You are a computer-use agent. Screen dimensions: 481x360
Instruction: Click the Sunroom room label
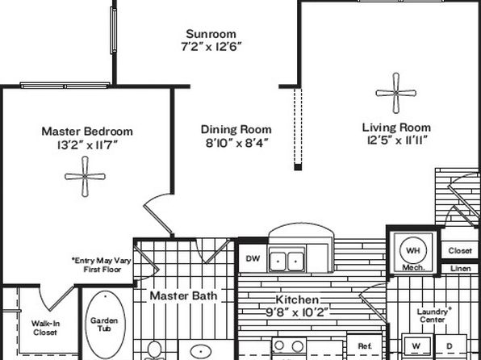point(211,34)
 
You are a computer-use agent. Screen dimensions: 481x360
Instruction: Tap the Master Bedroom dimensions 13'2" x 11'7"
point(88,144)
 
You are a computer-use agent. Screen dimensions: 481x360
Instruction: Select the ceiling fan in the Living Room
point(396,93)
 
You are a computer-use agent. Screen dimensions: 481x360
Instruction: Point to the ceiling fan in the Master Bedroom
point(85,177)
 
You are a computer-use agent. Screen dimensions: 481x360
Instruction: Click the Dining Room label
point(236,129)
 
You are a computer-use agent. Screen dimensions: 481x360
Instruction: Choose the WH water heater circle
point(413,250)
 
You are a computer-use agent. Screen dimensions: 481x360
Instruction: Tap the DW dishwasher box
point(253,258)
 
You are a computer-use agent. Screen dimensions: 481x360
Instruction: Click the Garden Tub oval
point(105,324)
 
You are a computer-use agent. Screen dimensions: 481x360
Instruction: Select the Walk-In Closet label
point(45,328)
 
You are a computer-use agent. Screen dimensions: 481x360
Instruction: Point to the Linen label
point(460,269)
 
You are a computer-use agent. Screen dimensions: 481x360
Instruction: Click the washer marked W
point(416,347)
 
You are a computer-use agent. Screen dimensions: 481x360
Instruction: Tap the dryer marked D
point(450,347)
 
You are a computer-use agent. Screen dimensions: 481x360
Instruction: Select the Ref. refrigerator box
point(365,346)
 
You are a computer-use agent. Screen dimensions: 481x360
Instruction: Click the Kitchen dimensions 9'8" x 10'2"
point(297,312)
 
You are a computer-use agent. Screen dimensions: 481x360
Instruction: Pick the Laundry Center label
point(433,316)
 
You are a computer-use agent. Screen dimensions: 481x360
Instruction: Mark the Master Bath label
point(183,296)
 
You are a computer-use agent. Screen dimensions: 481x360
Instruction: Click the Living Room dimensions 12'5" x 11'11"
point(397,140)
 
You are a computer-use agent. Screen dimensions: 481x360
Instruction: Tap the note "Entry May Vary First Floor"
point(102,266)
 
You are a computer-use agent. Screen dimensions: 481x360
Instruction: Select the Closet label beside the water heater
point(460,251)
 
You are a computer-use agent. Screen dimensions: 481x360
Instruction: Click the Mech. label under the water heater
point(413,267)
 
